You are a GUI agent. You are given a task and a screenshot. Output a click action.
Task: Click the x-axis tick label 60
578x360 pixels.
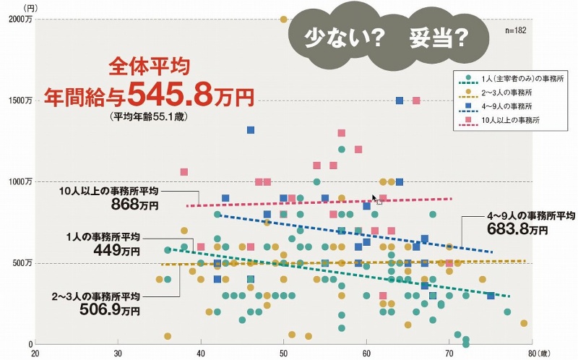click(x=366, y=353)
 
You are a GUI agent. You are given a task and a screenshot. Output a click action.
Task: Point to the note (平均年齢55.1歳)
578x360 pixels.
click(x=148, y=115)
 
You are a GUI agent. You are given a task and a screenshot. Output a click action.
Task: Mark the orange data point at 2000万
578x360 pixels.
click(x=283, y=20)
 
